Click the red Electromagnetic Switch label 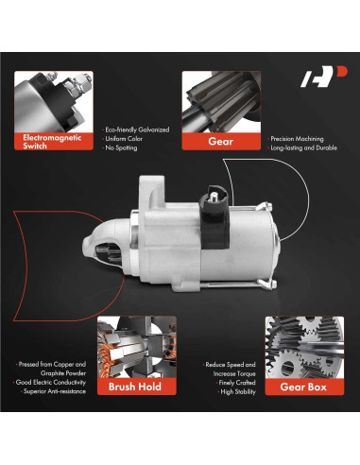coord(55,142)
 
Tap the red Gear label coord(220,142)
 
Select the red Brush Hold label coord(136,386)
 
